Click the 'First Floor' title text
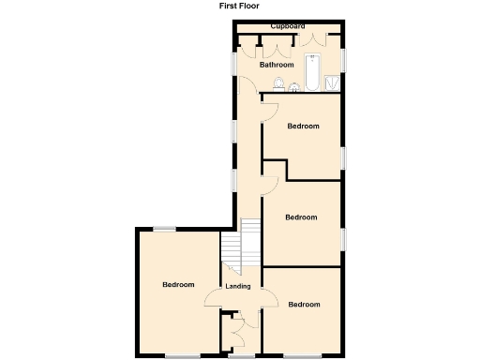click(x=239, y=5)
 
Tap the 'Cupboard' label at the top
click(x=288, y=26)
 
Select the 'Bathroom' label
click(x=277, y=65)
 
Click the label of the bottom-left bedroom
click(x=178, y=285)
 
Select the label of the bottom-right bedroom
click(x=304, y=304)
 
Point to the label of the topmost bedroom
click(x=303, y=126)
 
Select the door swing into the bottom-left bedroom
click(x=214, y=300)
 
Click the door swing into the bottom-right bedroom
click(x=270, y=300)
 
